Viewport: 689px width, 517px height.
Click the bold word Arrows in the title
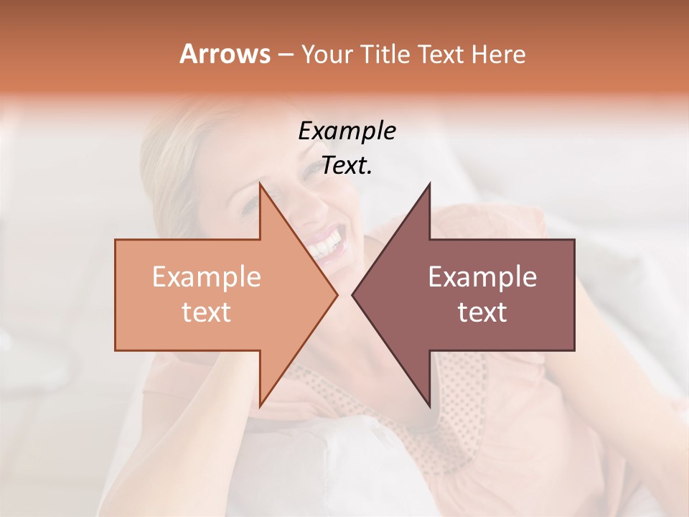tap(225, 54)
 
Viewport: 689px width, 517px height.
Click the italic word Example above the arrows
tap(347, 131)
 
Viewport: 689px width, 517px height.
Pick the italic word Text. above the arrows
tap(347, 166)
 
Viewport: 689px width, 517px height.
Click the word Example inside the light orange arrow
tap(206, 277)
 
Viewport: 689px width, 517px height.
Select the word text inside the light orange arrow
tap(206, 312)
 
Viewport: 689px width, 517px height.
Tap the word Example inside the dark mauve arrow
tap(482, 277)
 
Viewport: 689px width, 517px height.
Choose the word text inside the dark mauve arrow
tap(482, 312)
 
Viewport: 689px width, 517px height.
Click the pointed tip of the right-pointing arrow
tap(337, 294)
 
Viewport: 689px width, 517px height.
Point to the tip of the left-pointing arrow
tap(352, 294)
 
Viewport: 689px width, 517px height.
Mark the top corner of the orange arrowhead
tap(260, 184)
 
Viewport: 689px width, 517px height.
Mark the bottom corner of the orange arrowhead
tap(260, 406)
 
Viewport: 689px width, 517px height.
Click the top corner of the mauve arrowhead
tap(429, 184)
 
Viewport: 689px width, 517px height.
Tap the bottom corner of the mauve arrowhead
tap(429, 406)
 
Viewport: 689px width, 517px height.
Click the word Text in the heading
tap(442, 54)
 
